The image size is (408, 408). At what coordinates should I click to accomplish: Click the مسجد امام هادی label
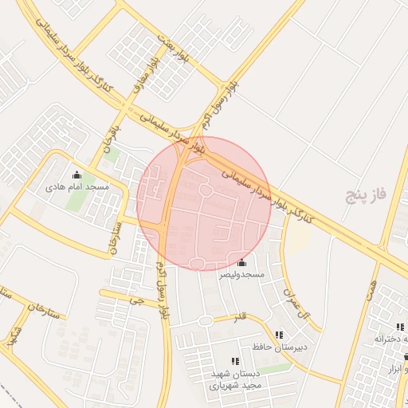pyautogui.click(x=76, y=186)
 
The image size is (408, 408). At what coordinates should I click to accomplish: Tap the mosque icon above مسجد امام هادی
pyautogui.click(x=76, y=175)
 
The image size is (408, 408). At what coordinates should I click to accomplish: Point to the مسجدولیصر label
pyautogui.click(x=241, y=274)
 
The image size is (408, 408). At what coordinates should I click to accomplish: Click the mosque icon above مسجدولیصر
pyautogui.click(x=241, y=263)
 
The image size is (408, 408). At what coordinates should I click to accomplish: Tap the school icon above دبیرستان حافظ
pyautogui.click(x=279, y=335)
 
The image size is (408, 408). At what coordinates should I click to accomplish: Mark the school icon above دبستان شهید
pyautogui.click(x=234, y=362)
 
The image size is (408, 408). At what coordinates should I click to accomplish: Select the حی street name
pyautogui.click(x=142, y=302)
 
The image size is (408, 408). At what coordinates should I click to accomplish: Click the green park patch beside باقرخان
pyautogui.click(x=113, y=153)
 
